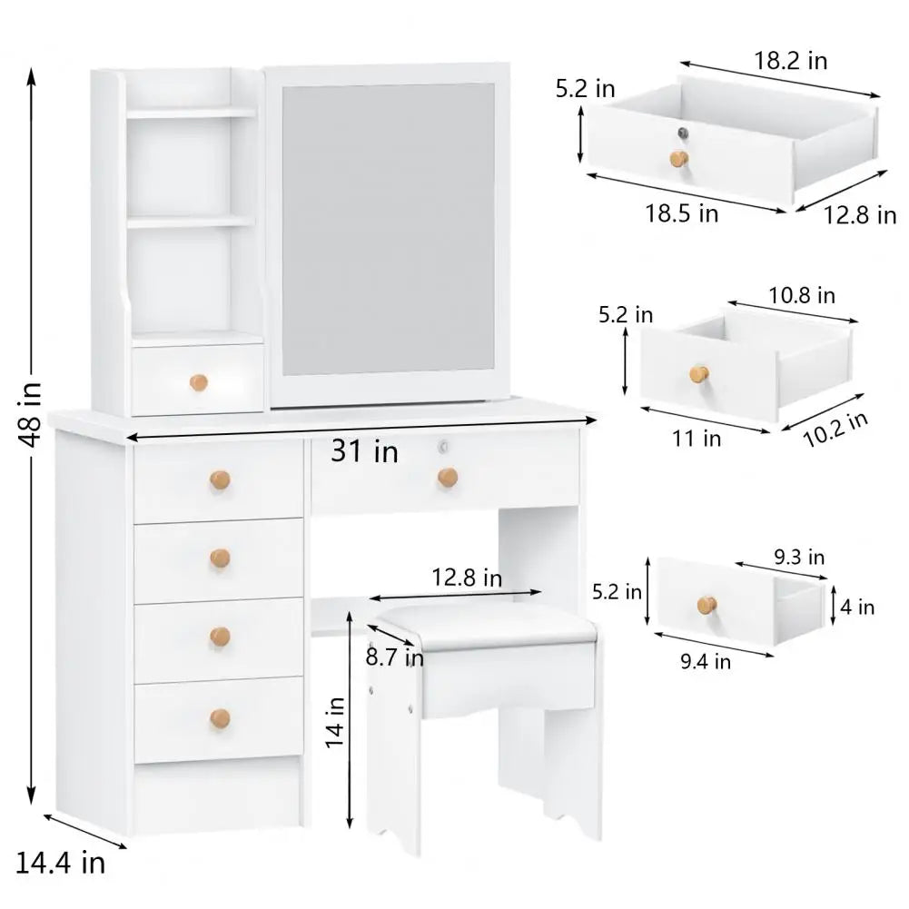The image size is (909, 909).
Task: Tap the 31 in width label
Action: pos(364,450)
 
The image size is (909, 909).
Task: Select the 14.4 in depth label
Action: pos(60,862)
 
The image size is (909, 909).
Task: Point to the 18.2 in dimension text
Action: pos(791,61)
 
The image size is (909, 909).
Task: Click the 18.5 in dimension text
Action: pos(681,213)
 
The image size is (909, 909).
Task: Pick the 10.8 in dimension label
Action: pos(801,295)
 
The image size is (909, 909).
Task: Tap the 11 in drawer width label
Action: pos(697,439)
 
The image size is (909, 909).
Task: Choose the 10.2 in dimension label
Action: pos(835,430)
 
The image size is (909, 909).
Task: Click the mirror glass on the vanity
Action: pos(389,229)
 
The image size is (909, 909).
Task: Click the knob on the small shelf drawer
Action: pos(199,382)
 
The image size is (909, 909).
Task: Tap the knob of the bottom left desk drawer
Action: pos(220,719)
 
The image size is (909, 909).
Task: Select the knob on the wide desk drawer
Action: pos(447,477)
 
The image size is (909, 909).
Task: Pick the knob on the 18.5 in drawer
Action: pos(678,159)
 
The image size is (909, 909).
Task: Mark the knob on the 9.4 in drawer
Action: pos(706,604)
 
